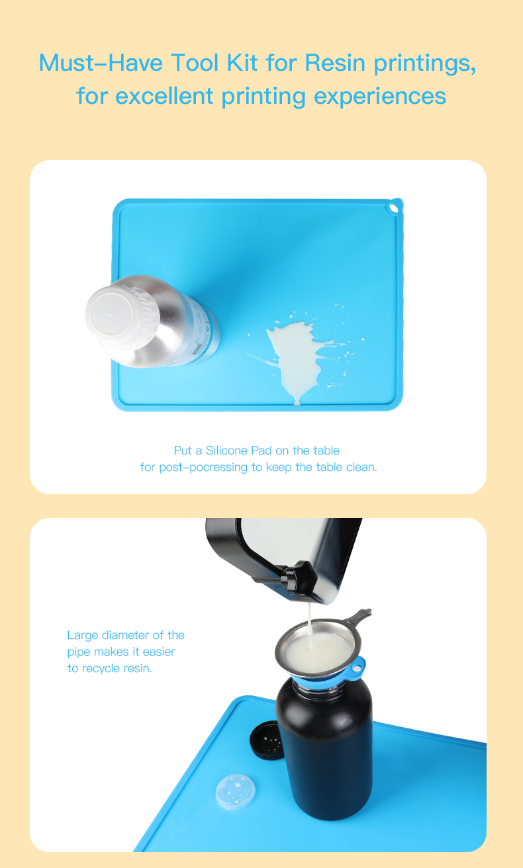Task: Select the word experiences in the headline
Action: pos(379,97)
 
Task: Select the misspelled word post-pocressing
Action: pos(203,467)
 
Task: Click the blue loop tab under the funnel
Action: pos(356,668)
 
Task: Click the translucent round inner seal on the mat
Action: pos(236,792)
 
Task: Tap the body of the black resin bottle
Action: pos(325,752)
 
